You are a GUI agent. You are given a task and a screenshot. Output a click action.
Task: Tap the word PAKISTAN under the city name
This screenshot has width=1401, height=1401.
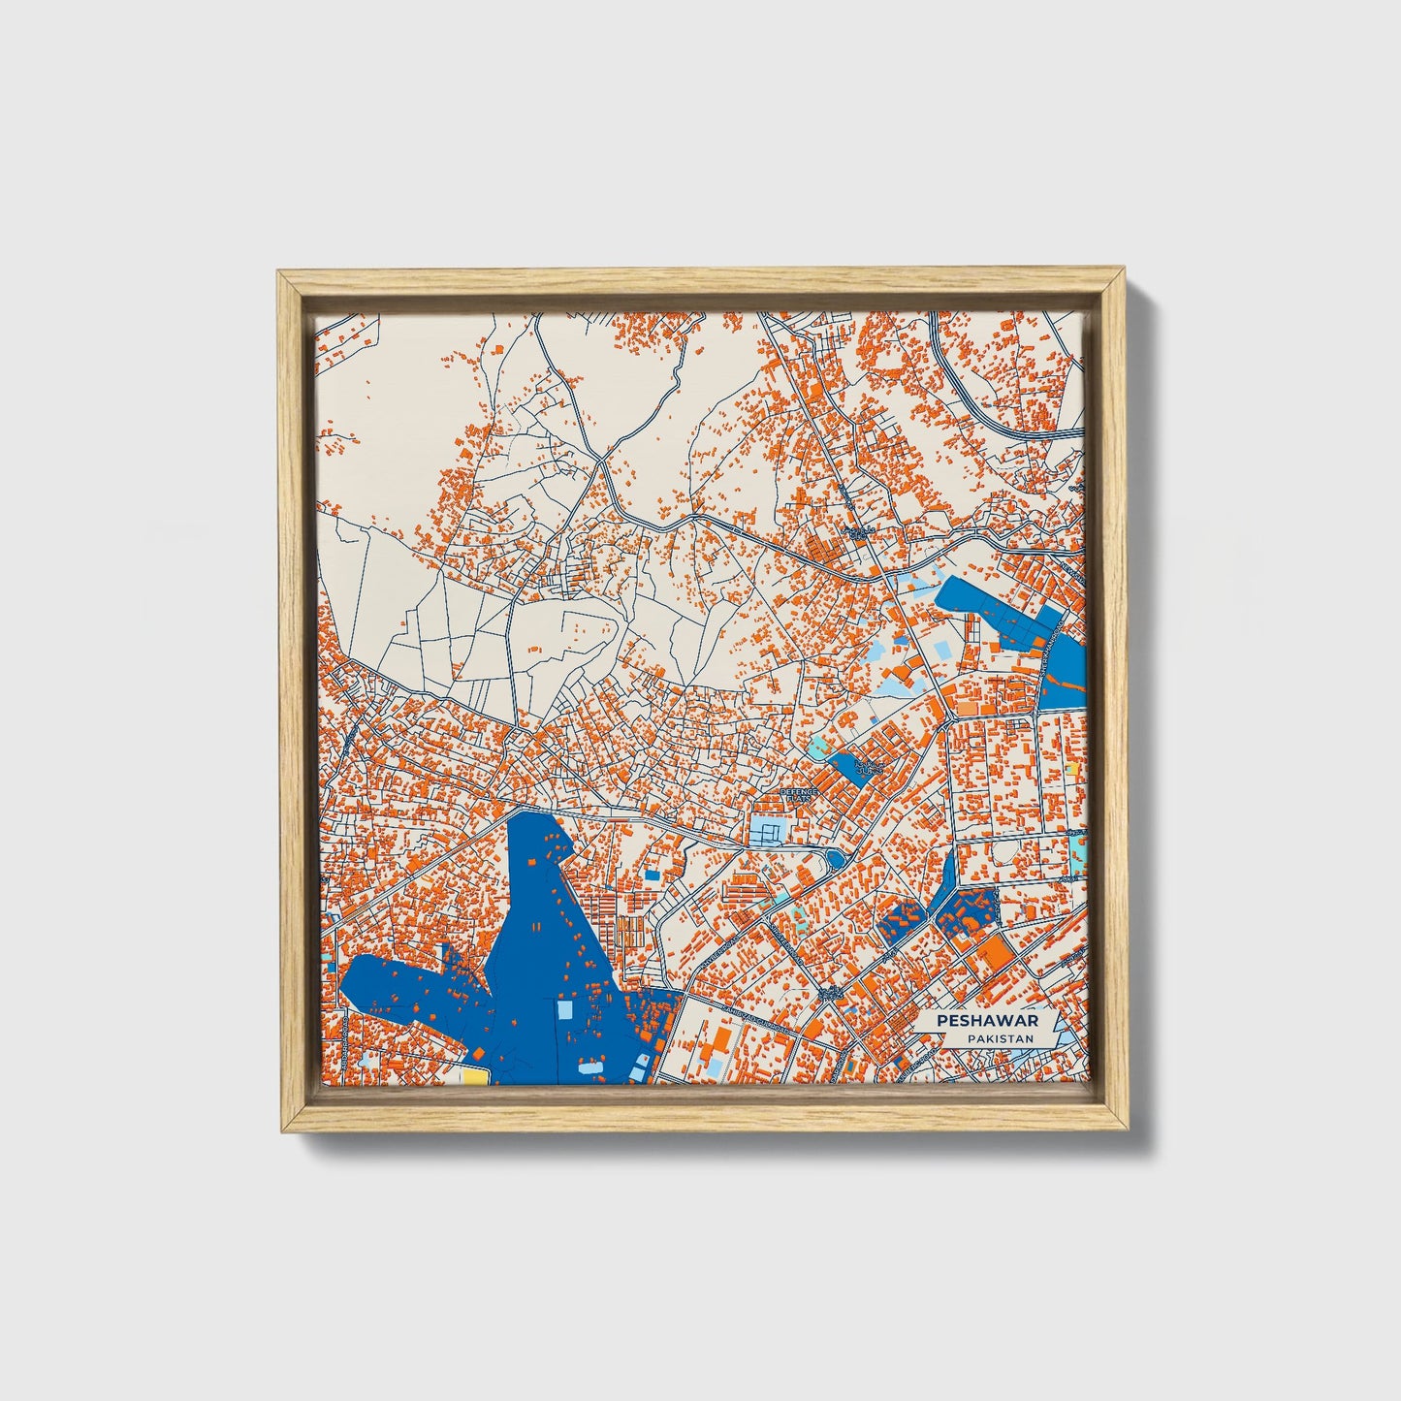coord(993,1038)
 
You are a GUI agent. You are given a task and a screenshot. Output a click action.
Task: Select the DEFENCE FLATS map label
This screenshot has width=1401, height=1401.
coord(800,794)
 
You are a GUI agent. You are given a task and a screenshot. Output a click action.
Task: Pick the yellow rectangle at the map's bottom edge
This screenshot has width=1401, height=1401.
coord(474,1076)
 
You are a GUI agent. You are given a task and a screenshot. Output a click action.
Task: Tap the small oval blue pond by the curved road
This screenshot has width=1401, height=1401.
coord(833,859)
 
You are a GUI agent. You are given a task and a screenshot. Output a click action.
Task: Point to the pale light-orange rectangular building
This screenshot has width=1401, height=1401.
coord(967,706)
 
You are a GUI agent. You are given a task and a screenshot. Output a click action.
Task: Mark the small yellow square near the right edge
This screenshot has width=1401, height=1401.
coord(1070,769)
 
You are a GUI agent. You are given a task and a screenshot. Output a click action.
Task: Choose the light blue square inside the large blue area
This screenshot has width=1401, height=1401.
coord(564,1010)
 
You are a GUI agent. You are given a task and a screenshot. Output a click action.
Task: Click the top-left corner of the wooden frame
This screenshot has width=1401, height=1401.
coord(280,274)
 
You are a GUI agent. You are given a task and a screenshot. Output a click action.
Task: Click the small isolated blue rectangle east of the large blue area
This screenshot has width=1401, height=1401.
coord(653,875)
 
